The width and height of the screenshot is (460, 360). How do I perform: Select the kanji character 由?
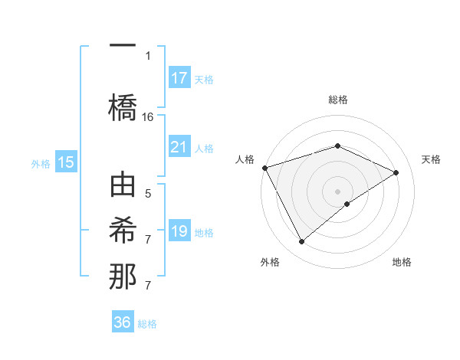(x=123, y=187)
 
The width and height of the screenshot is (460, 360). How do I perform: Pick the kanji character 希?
(x=123, y=231)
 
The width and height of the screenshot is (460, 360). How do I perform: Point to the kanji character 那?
(x=123, y=277)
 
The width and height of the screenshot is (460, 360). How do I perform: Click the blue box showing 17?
(x=179, y=78)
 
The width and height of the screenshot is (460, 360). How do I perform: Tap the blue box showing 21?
(x=179, y=147)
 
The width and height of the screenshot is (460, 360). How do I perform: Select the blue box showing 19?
(x=179, y=231)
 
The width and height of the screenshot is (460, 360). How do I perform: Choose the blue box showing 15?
(x=66, y=162)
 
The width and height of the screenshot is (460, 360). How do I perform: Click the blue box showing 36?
(x=123, y=322)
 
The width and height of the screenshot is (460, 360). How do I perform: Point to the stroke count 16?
(x=148, y=117)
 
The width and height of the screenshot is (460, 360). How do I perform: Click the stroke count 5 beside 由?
(x=148, y=194)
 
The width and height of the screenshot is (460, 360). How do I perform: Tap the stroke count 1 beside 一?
(x=148, y=55)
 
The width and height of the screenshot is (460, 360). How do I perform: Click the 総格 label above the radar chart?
(x=337, y=100)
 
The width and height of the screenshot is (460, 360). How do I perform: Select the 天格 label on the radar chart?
(x=431, y=159)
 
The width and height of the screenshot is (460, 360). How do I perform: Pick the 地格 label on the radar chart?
(x=402, y=262)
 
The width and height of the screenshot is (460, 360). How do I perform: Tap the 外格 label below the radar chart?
(x=270, y=262)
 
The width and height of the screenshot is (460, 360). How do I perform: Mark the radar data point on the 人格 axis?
(x=264, y=168)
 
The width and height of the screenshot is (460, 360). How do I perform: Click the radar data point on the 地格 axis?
(x=347, y=204)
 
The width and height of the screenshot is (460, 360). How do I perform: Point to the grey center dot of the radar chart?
(x=337, y=191)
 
